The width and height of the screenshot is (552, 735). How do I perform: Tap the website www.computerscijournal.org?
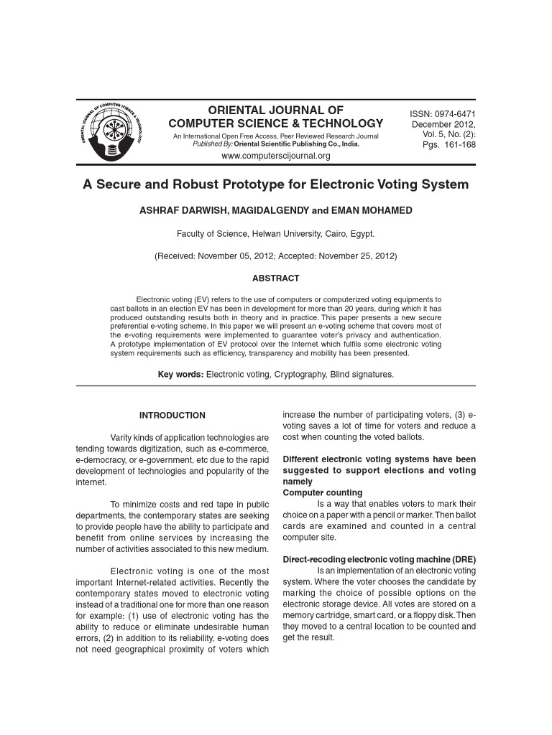coord(276,156)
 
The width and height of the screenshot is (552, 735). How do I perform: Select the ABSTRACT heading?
coord(275,278)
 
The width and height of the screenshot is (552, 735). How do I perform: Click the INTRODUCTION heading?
coord(172,416)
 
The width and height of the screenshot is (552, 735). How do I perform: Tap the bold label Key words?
coord(180,375)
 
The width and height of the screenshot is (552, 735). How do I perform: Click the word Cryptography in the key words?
coord(303,375)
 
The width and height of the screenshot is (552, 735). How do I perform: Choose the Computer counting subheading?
coord(323,493)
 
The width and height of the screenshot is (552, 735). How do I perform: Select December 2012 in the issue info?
coord(443,124)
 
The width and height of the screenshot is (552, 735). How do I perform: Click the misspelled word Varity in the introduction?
coord(122,437)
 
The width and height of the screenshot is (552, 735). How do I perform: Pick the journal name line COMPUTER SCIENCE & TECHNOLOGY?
coord(276,123)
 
